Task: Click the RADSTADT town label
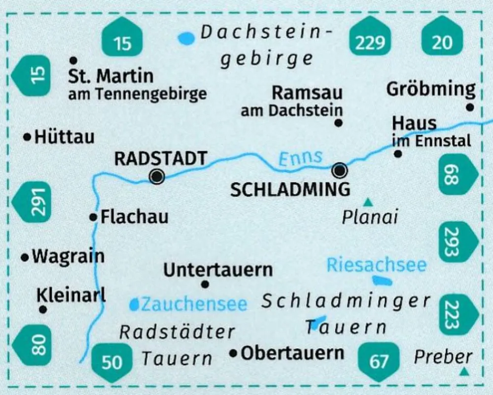[160, 159]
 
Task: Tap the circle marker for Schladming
[340, 171]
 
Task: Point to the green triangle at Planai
[367, 202]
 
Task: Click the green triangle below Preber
[463, 372]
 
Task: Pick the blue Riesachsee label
[376, 265]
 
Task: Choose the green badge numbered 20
[442, 42]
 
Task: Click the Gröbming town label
[431, 89]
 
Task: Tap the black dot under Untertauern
[206, 284]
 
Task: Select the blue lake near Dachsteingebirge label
[186, 38]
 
